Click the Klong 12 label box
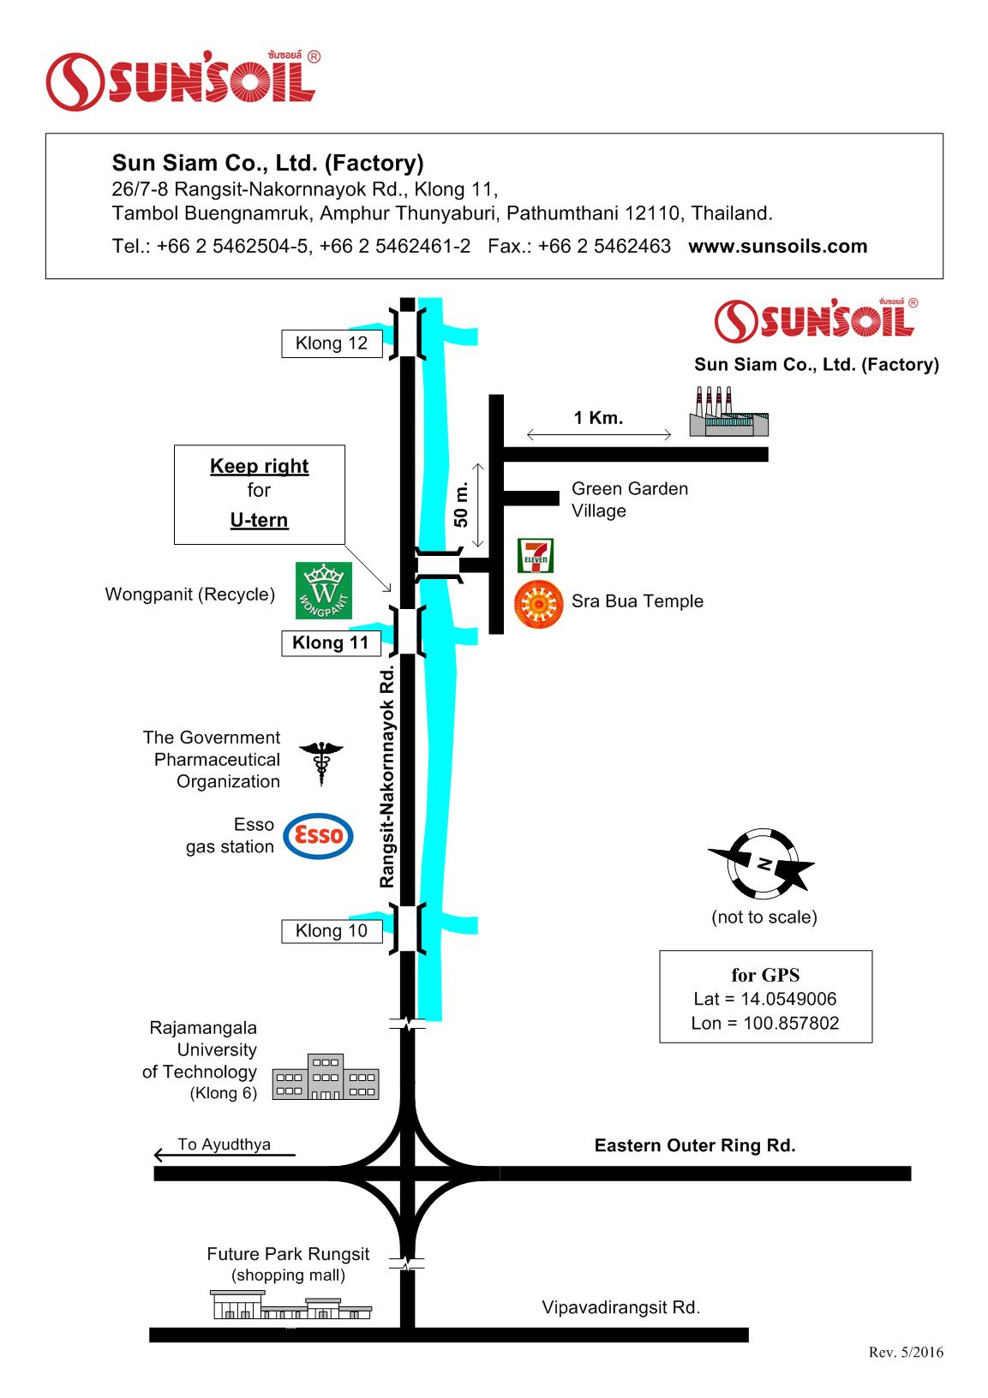(x=332, y=344)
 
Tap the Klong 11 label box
(x=331, y=642)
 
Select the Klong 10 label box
(x=332, y=931)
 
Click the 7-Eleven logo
(x=536, y=555)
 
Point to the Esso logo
(x=318, y=835)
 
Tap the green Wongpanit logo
(x=323, y=591)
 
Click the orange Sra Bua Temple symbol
(x=539, y=605)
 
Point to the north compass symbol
(x=762, y=863)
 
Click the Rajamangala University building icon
(x=326, y=1077)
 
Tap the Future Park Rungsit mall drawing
(x=291, y=1306)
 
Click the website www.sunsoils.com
(x=777, y=247)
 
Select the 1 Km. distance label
(x=598, y=418)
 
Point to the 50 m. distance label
(x=462, y=505)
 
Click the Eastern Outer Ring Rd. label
(x=695, y=1145)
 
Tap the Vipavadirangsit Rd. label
(x=620, y=1308)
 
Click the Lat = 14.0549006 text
(x=765, y=999)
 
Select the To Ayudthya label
(x=225, y=1144)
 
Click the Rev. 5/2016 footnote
(x=906, y=1353)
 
